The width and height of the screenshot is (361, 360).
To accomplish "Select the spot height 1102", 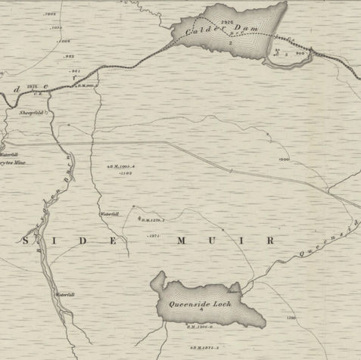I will [x=126, y=173].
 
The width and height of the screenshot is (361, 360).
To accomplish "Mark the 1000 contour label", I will [x=285, y=160].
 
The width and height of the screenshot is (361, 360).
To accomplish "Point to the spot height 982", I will [x=69, y=56].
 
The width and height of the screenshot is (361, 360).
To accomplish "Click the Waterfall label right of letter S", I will [x=110, y=215].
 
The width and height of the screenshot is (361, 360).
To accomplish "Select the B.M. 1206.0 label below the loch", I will [x=201, y=327].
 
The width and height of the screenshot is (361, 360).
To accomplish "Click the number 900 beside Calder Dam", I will [x=300, y=54].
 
